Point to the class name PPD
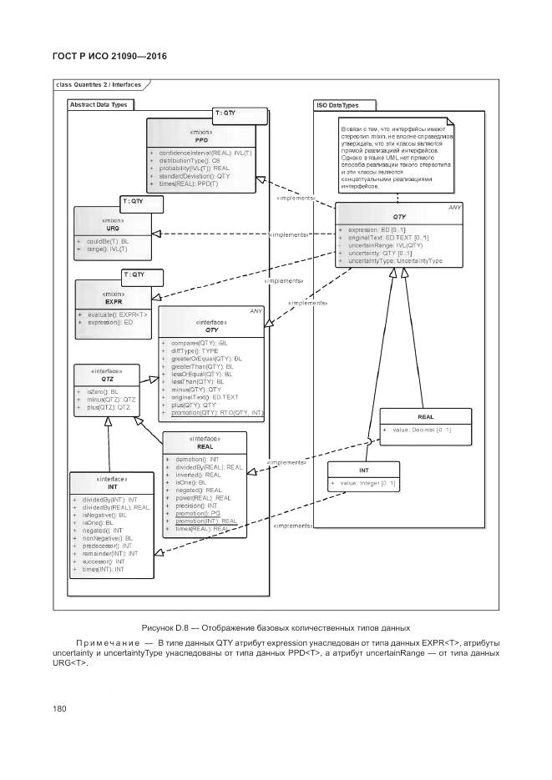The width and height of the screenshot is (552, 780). click(201, 139)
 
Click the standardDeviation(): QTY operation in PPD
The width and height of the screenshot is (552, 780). click(194, 176)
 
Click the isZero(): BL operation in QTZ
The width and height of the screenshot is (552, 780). click(103, 391)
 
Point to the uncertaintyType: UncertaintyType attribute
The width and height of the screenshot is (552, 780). click(394, 260)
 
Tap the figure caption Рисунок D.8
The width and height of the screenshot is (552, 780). click(276, 627)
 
